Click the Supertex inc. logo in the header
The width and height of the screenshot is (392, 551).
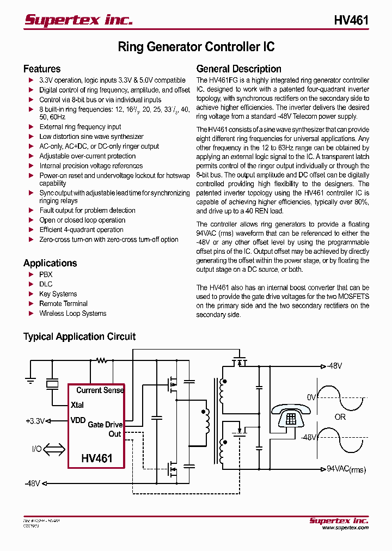tap(78, 20)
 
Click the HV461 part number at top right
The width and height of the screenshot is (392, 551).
tap(351, 20)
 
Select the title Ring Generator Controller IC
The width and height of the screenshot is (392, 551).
tap(196, 47)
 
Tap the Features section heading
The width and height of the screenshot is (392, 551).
tap(42, 69)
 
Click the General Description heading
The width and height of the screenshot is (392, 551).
tap(238, 69)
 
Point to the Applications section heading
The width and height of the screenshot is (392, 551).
tap(50, 263)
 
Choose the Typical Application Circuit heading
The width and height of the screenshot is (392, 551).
tap(79, 336)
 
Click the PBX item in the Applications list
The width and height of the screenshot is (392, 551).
tap(46, 274)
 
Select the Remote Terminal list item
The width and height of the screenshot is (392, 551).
tap(63, 303)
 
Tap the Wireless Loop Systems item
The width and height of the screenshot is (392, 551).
tap(72, 313)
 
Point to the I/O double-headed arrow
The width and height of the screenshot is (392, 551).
tap(53, 450)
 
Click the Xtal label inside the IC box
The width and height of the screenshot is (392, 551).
tap(77, 405)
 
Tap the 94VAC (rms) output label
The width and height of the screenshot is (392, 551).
tap(346, 469)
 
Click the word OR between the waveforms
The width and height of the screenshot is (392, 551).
tap(340, 417)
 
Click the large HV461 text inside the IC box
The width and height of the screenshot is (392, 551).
tap(97, 458)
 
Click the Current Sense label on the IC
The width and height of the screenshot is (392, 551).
tap(100, 390)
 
